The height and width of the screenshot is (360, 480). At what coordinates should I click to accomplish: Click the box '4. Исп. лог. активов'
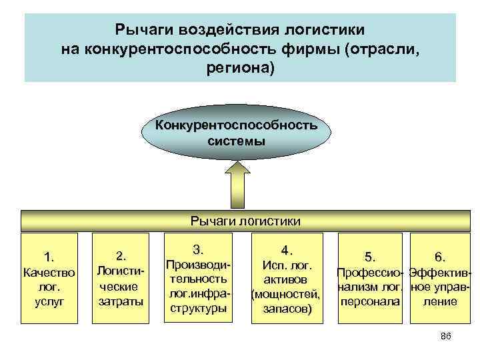pyautogui.click(x=287, y=279)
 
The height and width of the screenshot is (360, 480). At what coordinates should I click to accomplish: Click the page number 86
pyautogui.click(x=446, y=337)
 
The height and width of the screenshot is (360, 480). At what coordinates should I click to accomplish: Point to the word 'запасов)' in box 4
pyautogui.click(x=286, y=309)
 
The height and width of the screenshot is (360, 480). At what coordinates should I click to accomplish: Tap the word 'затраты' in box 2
pyautogui.click(x=121, y=301)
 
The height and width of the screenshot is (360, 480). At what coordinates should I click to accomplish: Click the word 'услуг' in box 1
pyautogui.click(x=49, y=302)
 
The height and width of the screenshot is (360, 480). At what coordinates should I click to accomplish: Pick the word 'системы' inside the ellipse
pyautogui.click(x=236, y=141)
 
